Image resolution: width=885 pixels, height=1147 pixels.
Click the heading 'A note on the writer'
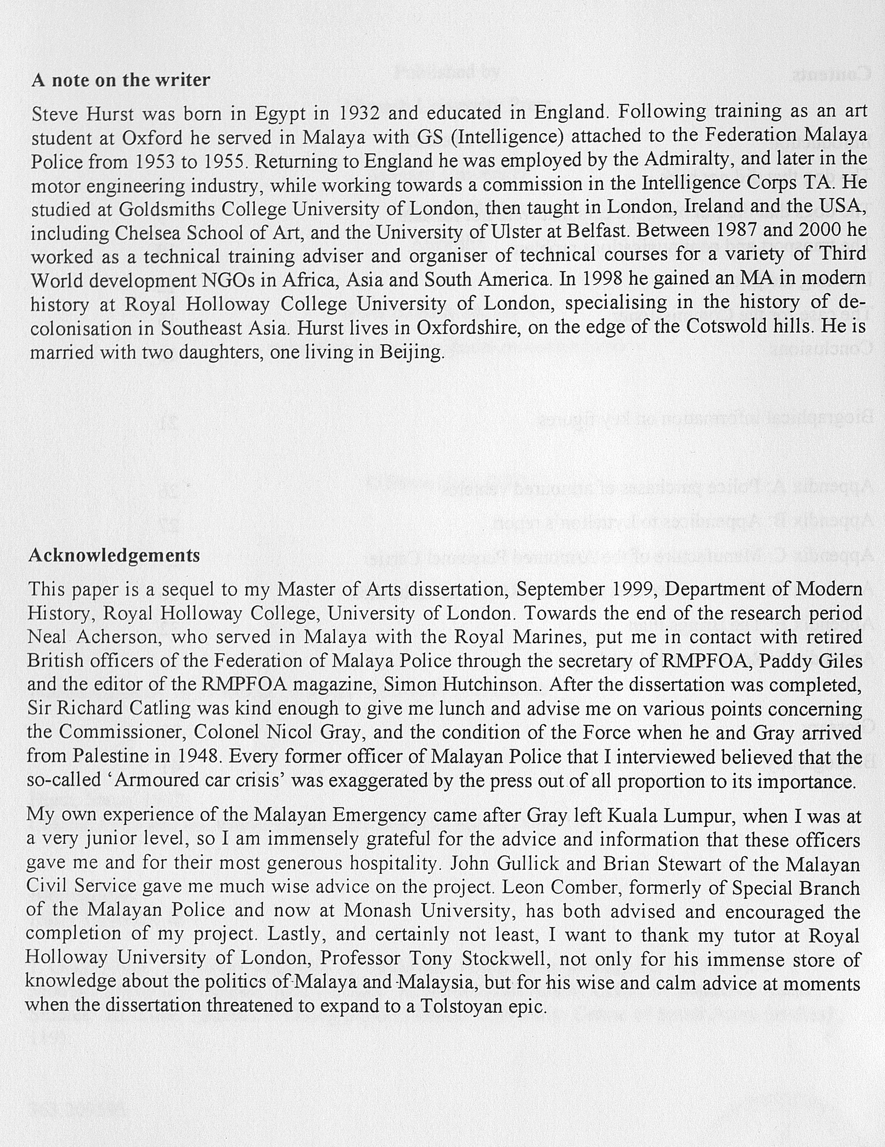(121, 80)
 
